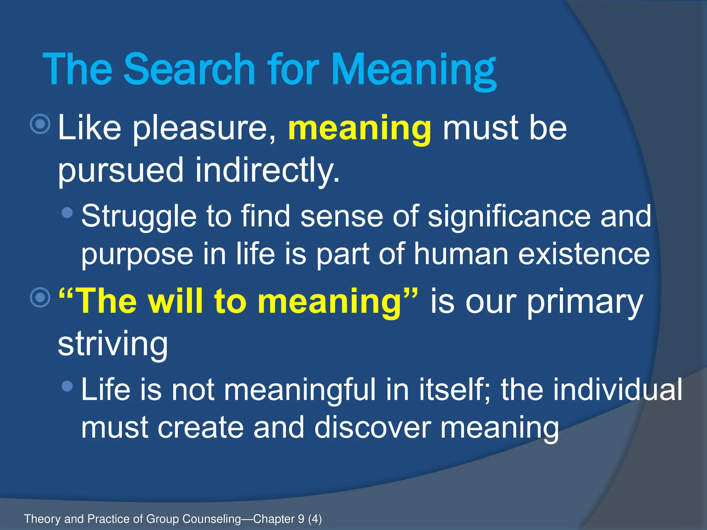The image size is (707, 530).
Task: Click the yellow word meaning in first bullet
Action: pos(359,129)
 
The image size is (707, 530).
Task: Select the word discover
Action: pos(372,427)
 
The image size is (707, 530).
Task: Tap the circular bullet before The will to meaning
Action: pos(40,297)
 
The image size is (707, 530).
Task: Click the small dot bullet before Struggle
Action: pos(67,212)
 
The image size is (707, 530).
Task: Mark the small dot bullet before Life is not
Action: pos(67,386)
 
